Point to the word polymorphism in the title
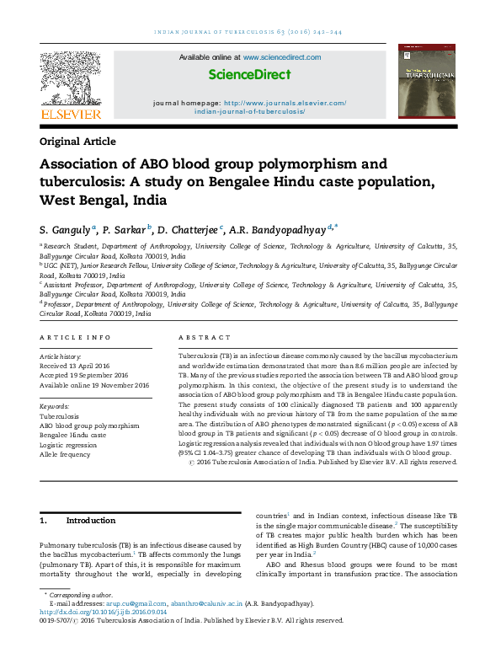point(317,163)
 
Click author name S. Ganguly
point(66,228)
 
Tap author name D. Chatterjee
point(188,228)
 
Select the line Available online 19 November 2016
point(94,384)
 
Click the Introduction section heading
point(90,521)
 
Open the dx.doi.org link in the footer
point(102,611)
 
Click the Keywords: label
point(55,406)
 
